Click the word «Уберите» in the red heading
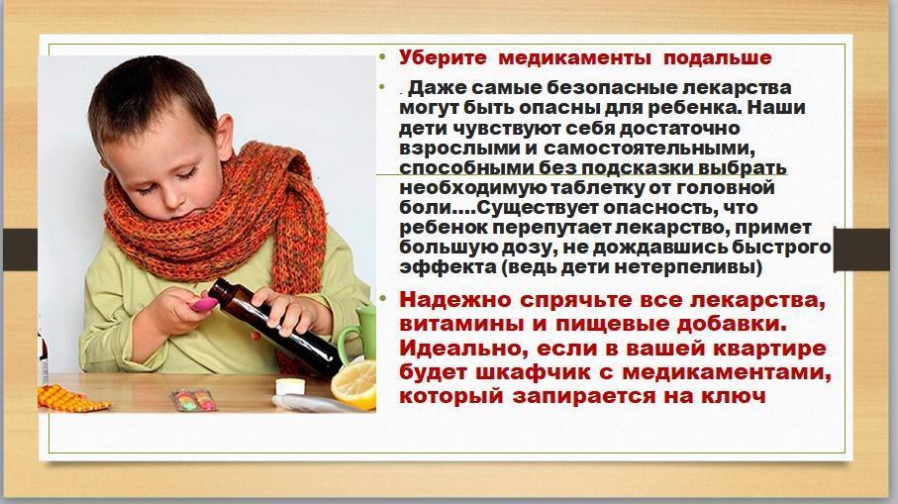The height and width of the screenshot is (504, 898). (x=443, y=57)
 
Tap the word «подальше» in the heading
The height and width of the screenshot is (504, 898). (x=718, y=57)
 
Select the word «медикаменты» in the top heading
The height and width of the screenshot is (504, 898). (x=574, y=57)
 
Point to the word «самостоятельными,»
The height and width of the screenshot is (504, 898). (x=649, y=149)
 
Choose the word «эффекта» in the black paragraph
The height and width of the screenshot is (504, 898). (x=448, y=267)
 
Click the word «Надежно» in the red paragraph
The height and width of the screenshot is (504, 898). (x=454, y=300)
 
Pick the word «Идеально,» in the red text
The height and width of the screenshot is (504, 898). (x=459, y=349)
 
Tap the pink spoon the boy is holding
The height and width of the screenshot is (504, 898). (x=205, y=304)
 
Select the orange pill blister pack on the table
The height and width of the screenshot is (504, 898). (x=70, y=398)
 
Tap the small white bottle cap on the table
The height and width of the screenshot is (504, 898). (x=290, y=386)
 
